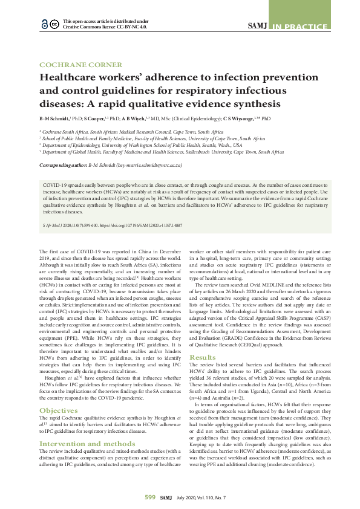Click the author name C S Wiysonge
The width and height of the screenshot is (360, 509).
[243, 119]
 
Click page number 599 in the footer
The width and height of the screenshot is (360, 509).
[150, 497]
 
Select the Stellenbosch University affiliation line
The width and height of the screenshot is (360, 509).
[163, 153]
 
